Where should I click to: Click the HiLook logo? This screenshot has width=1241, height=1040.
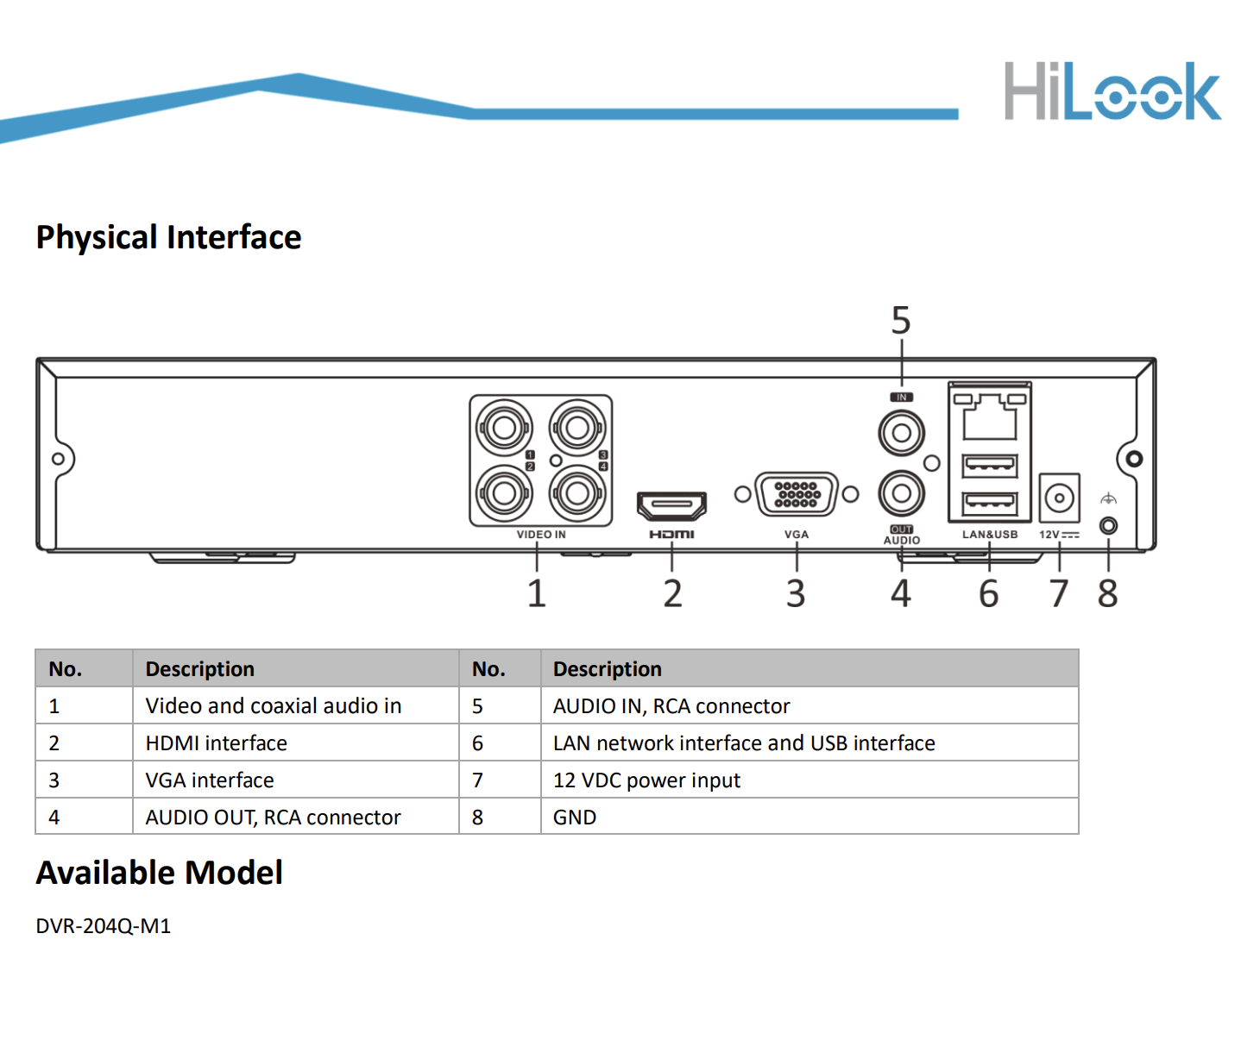pyautogui.click(x=1112, y=91)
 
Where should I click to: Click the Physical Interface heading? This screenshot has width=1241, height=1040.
pyautogui.click(x=169, y=237)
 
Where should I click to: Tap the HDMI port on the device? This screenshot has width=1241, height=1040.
pyautogui.click(x=671, y=504)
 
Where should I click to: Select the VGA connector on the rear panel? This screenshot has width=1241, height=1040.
pyautogui.click(x=796, y=494)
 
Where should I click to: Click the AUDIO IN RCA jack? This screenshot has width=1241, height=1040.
pyautogui.click(x=901, y=433)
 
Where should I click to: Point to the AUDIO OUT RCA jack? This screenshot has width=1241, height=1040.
pyautogui.click(x=901, y=493)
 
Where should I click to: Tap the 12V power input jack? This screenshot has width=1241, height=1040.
pyautogui.click(x=1059, y=498)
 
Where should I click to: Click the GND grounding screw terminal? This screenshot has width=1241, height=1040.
pyautogui.click(x=1109, y=525)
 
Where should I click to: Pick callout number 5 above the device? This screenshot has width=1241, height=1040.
pyautogui.click(x=901, y=321)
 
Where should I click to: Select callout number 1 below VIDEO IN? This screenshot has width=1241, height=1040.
pyautogui.click(x=537, y=593)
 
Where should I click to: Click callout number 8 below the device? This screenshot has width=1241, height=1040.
pyautogui.click(x=1108, y=593)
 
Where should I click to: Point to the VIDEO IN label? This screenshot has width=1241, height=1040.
pyautogui.click(x=541, y=535)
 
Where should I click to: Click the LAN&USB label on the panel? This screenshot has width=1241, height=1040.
pyautogui.click(x=990, y=535)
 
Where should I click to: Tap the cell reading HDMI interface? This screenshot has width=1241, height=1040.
pyautogui.click(x=217, y=743)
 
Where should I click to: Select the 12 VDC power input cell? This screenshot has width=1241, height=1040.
pyautogui.click(x=646, y=780)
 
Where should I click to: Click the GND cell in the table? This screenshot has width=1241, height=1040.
pyautogui.click(x=575, y=818)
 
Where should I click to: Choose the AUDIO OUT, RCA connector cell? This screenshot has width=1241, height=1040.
pyautogui.click(x=273, y=818)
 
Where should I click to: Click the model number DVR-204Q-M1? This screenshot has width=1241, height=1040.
pyautogui.click(x=104, y=926)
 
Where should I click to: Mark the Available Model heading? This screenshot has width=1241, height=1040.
pyautogui.click(x=160, y=873)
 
